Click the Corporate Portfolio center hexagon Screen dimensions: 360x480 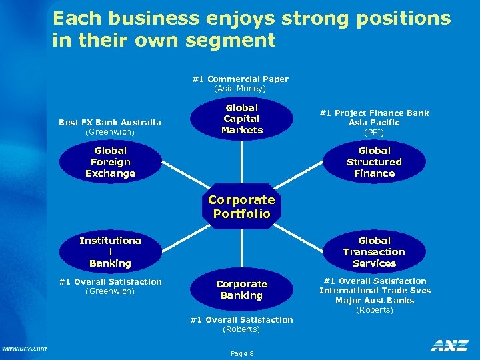point(241,207)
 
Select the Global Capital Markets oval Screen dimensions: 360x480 point(241,119)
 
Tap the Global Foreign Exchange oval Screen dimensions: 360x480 point(110,162)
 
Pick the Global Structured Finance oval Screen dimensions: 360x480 point(374,162)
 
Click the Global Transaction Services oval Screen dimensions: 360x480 point(374,252)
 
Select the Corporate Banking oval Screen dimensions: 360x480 point(241,289)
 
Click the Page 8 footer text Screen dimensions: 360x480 point(241,353)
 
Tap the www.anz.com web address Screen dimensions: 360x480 point(25,348)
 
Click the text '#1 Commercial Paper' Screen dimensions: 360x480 point(240,79)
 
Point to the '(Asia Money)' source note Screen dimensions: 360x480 point(240,89)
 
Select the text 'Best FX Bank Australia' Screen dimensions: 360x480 point(110,122)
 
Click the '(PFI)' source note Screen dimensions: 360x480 point(374,133)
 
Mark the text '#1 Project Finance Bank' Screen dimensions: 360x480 point(374,113)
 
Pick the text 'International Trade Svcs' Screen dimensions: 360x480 point(375,290)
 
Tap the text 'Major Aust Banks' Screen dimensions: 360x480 point(375,300)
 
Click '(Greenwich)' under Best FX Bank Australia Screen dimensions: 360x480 point(110,132)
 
